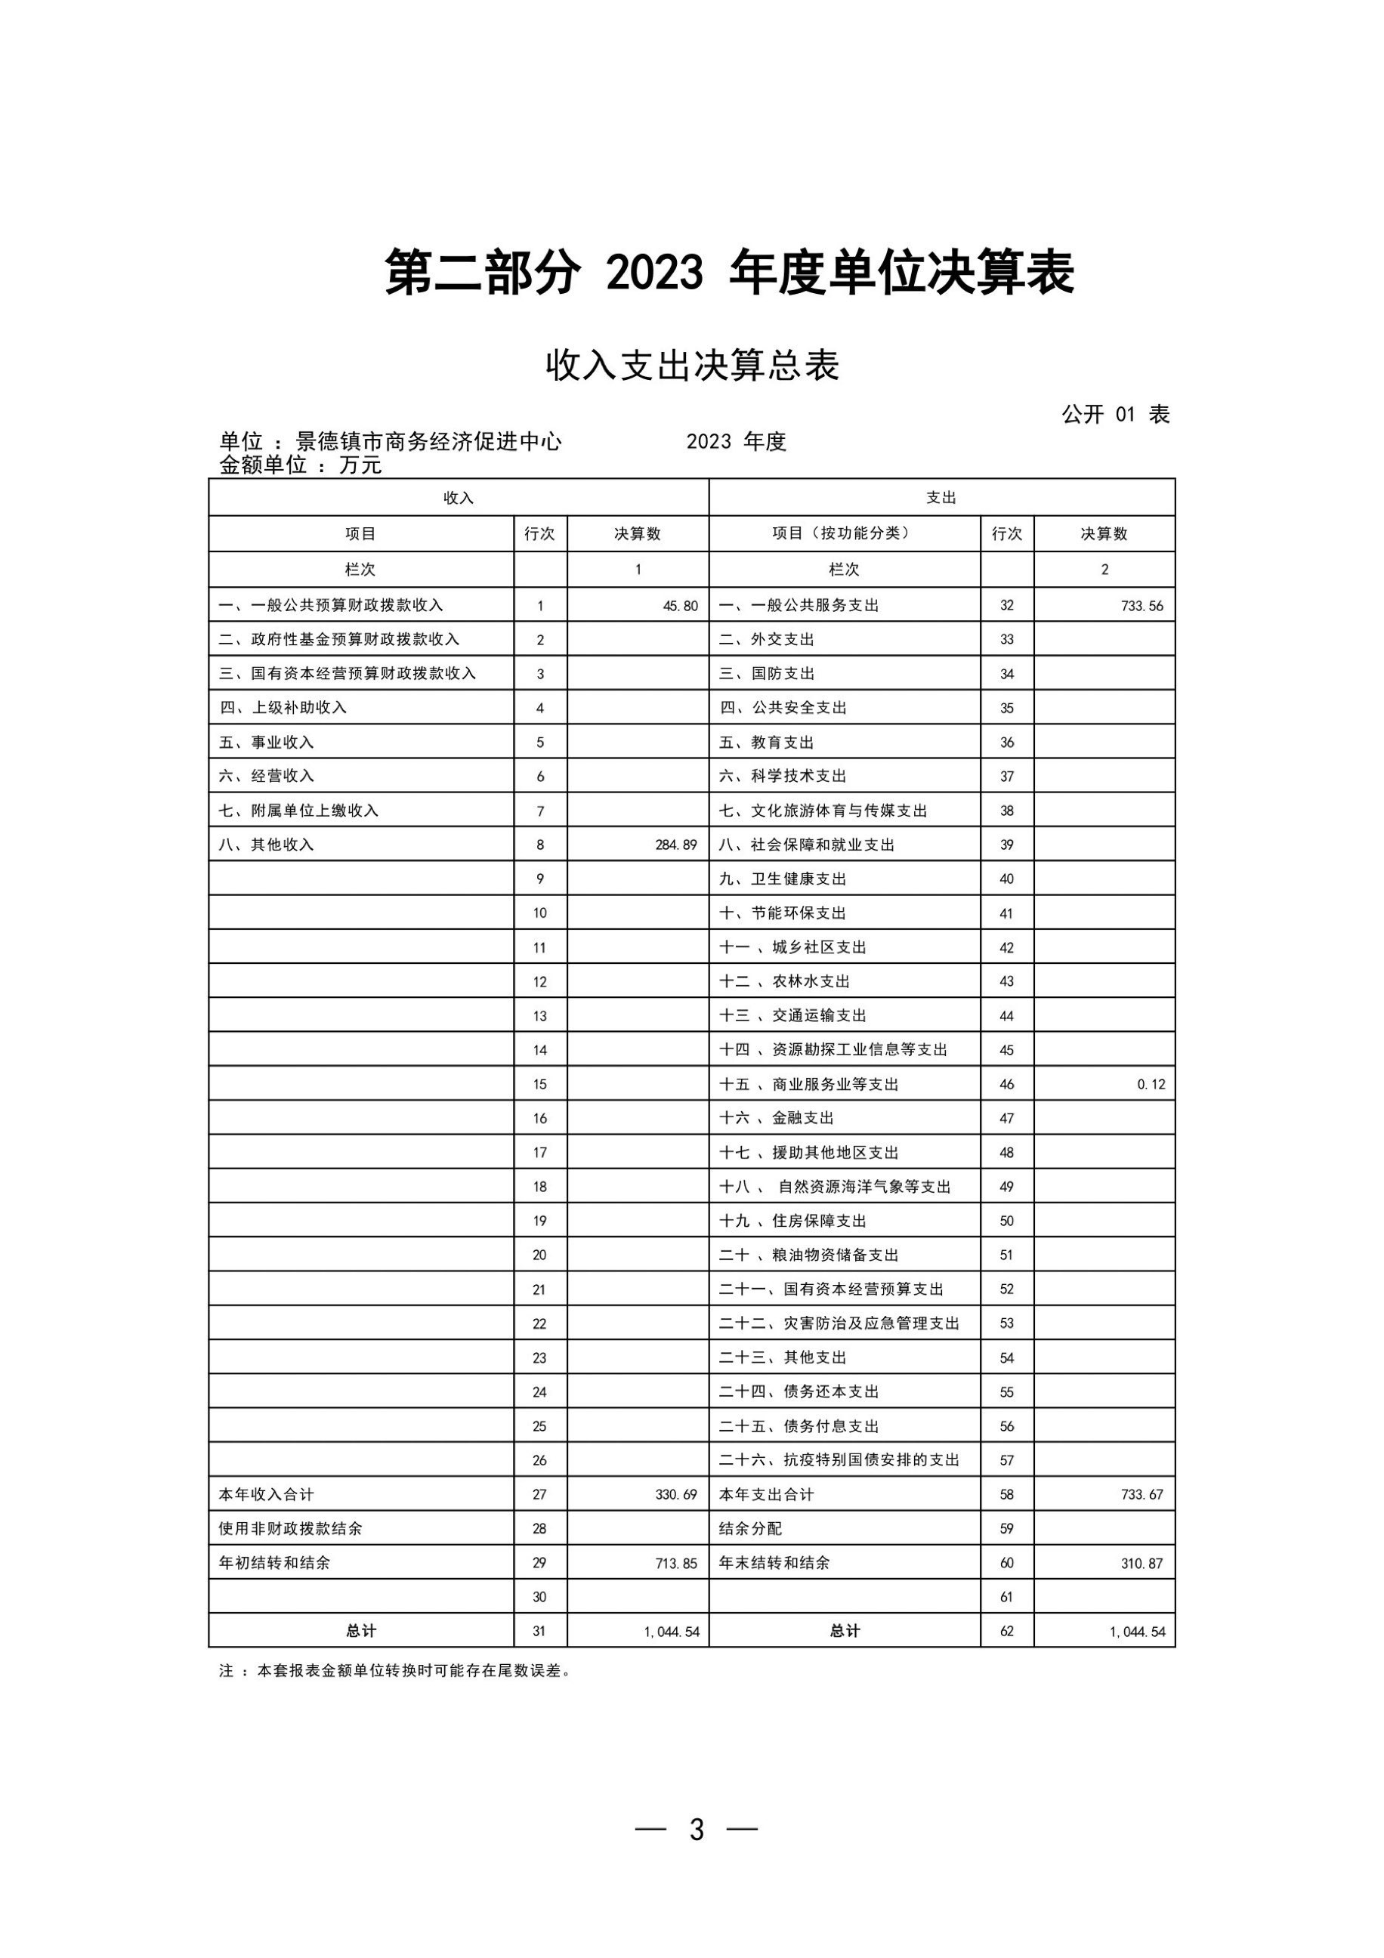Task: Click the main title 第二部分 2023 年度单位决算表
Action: click(729, 273)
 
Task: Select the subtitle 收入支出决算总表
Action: click(693, 365)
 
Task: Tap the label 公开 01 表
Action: click(1115, 415)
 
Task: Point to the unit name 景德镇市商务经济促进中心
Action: click(428, 442)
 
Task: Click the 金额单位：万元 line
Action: click(300, 465)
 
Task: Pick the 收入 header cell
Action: click(458, 498)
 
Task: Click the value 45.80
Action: click(680, 607)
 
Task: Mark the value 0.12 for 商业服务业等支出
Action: click(1151, 1085)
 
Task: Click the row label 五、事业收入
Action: click(266, 743)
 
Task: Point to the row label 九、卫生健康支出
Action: click(782, 879)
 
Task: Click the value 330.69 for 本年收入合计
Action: click(676, 1494)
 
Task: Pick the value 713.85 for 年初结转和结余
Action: click(676, 1563)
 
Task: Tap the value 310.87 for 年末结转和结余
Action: click(1141, 1563)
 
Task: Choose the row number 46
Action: click(1006, 1085)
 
